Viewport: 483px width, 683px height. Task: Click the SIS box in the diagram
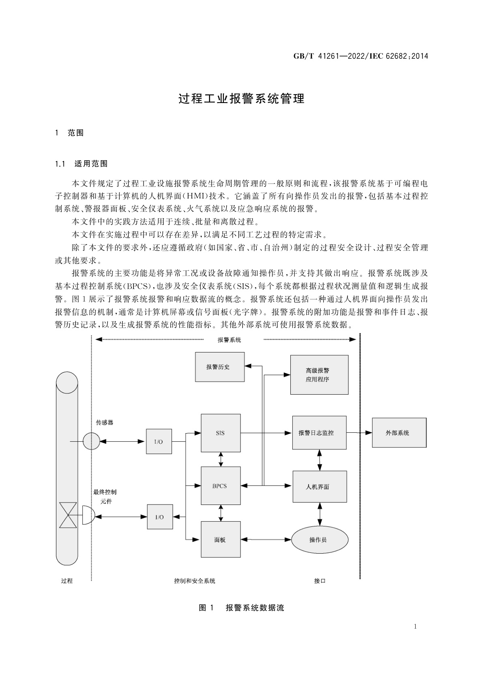pos(221,433)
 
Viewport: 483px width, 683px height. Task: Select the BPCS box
pos(221,485)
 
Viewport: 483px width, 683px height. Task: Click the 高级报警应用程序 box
pos(319,375)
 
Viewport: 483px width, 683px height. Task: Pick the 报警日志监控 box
pos(319,433)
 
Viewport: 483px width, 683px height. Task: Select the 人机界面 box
pos(319,487)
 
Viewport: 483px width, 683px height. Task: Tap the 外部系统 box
pos(399,433)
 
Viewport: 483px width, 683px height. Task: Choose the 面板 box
pos(221,539)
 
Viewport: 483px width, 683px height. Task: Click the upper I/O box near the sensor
pos(159,441)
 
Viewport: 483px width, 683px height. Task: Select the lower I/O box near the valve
pos(159,517)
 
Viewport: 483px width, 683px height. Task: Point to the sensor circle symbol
pos(91,441)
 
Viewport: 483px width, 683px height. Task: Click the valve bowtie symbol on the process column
pos(68,515)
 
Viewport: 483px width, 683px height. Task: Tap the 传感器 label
pos(104,423)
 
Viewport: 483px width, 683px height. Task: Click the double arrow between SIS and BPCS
pos(221,459)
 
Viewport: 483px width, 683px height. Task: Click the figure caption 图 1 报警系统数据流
pos(241,608)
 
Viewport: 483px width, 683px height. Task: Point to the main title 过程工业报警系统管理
pos(241,99)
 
